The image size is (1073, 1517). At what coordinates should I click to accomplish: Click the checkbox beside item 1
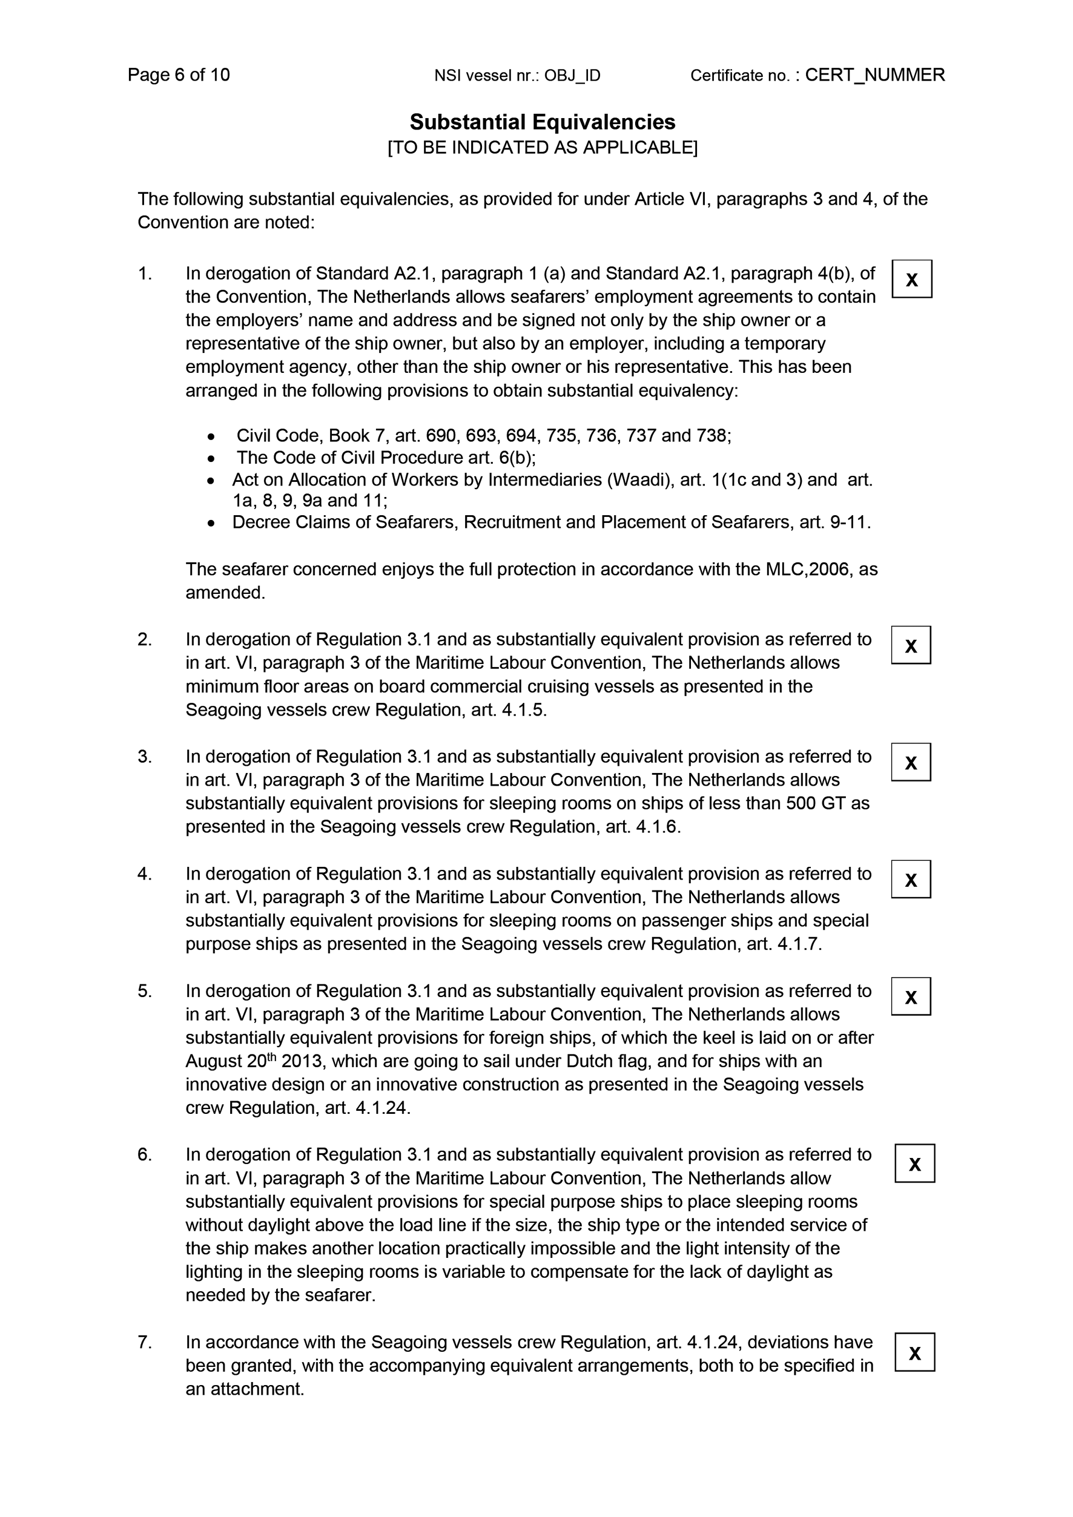[911, 280]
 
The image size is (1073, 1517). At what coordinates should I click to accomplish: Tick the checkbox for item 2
[911, 645]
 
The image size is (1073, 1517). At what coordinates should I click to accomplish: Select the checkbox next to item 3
[911, 763]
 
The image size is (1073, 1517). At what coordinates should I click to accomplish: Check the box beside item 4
[911, 880]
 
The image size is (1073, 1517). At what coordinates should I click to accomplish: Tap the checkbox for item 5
[911, 996]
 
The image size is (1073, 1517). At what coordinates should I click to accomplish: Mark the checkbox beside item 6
[914, 1163]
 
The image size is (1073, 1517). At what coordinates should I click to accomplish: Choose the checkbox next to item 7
[914, 1352]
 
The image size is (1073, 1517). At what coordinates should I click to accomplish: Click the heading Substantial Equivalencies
[542, 122]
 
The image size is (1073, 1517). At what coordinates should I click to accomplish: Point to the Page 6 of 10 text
[179, 74]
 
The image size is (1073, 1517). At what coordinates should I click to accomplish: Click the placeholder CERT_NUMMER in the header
[874, 74]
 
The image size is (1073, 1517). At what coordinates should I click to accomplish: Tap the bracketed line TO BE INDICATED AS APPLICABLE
[542, 147]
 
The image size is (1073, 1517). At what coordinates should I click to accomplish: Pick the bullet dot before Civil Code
[211, 436]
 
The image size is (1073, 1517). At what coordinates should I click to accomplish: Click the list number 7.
[144, 1343]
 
